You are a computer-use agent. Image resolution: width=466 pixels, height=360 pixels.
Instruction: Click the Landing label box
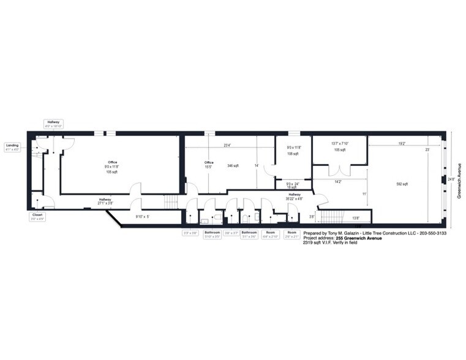[x=12, y=147]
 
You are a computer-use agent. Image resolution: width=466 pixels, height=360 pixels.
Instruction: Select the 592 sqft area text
[x=402, y=184]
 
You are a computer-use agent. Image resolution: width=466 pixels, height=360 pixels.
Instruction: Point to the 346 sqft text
[x=233, y=165]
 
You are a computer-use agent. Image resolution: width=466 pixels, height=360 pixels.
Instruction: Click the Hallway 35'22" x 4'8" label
[x=296, y=197]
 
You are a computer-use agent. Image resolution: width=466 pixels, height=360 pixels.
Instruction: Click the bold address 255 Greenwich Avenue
[x=366, y=238]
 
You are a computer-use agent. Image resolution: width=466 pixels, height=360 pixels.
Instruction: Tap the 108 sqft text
[x=293, y=154]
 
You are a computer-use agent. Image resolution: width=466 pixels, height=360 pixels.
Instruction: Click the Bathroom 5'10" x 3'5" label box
[x=212, y=234]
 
